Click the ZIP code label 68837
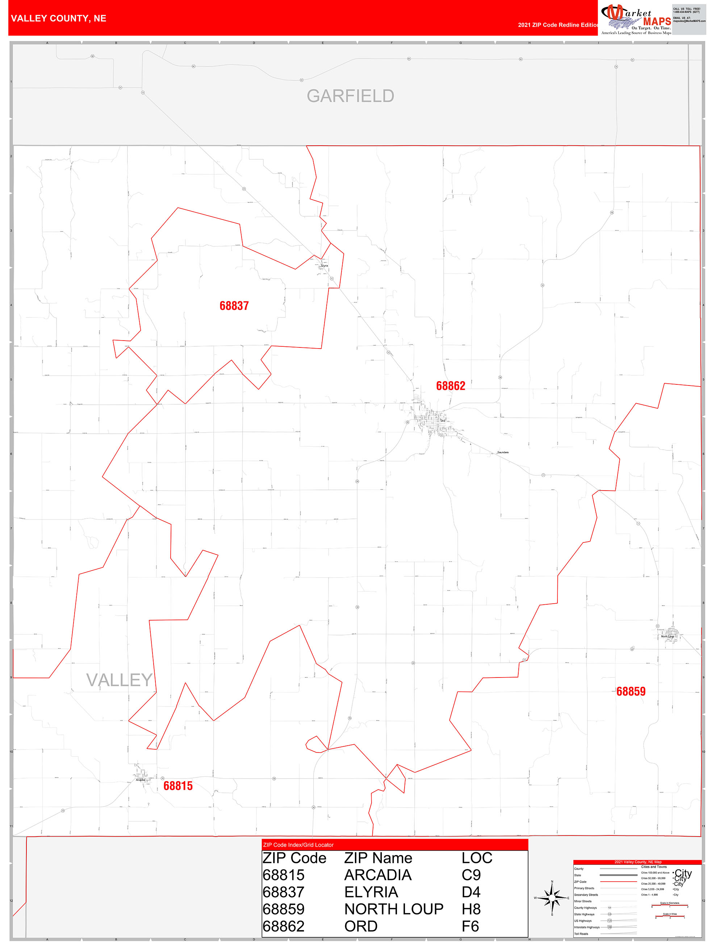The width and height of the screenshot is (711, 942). pos(234,306)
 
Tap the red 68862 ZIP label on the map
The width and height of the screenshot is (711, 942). pos(451,386)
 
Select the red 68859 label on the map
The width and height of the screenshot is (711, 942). pos(631,692)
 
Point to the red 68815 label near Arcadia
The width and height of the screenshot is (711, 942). pos(178,786)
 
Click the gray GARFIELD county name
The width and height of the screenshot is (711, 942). pos(350,96)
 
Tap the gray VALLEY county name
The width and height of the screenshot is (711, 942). pos(119,680)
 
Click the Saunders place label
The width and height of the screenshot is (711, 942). pos(503,452)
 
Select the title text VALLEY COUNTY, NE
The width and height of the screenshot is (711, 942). pos(59,18)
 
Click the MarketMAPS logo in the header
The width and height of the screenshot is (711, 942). pos(636,19)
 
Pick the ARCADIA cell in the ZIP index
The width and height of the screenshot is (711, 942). pos(378,875)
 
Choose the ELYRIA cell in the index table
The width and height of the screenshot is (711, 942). pos(371,892)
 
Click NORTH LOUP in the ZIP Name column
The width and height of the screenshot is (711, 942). pos(394,909)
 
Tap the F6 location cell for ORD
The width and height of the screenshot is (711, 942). pos(470,926)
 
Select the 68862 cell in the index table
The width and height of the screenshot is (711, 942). pos(284,926)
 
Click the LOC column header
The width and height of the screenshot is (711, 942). pos(477,858)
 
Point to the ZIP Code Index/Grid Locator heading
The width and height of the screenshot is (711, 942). pos(298,845)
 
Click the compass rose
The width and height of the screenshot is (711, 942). pos(552,898)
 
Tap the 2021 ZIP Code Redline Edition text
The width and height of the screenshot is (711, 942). pos(558,25)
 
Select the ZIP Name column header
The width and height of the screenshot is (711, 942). pos(378,858)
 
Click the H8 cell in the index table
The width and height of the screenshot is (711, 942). pos(471,909)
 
